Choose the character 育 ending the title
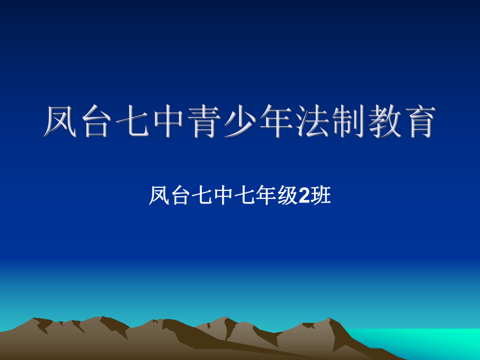coord(417,122)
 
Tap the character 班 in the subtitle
coord(321,196)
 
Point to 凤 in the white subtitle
coord(159,196)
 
